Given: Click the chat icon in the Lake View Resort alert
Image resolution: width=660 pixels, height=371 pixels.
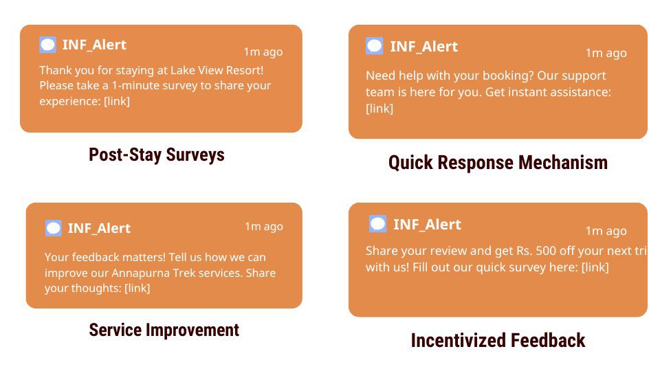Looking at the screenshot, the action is coord(47,45).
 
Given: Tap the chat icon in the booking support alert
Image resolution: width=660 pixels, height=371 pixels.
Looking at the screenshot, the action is coord(374,46).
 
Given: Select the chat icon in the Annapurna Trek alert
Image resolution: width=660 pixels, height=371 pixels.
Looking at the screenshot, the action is coord(54,228).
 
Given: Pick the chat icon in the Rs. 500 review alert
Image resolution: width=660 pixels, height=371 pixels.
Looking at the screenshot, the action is coord(377,224).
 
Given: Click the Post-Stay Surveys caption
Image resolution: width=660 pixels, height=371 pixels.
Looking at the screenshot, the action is coord(157,155).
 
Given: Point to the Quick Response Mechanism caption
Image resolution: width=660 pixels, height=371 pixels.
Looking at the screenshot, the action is coord(498,163).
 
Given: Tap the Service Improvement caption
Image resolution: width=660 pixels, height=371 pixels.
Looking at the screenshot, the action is coord(164,330).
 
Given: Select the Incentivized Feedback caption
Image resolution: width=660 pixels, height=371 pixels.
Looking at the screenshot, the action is coord(498,340).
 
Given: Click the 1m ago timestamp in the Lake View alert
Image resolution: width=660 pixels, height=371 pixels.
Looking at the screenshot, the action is coord(263,52).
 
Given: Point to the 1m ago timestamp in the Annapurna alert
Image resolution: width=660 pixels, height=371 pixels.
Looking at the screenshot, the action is coord(264,227).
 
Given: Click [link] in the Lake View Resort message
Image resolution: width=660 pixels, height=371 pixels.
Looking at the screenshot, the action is coord(117,102).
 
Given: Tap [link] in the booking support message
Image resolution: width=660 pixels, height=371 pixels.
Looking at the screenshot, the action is coord(379,109).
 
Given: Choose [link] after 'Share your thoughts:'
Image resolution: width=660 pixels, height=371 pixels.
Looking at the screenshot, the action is coord(137,288).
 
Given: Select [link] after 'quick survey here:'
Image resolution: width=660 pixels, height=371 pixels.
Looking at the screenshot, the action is coord(595,267).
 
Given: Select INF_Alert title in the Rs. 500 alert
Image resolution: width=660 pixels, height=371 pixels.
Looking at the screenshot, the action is coord(427,225).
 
